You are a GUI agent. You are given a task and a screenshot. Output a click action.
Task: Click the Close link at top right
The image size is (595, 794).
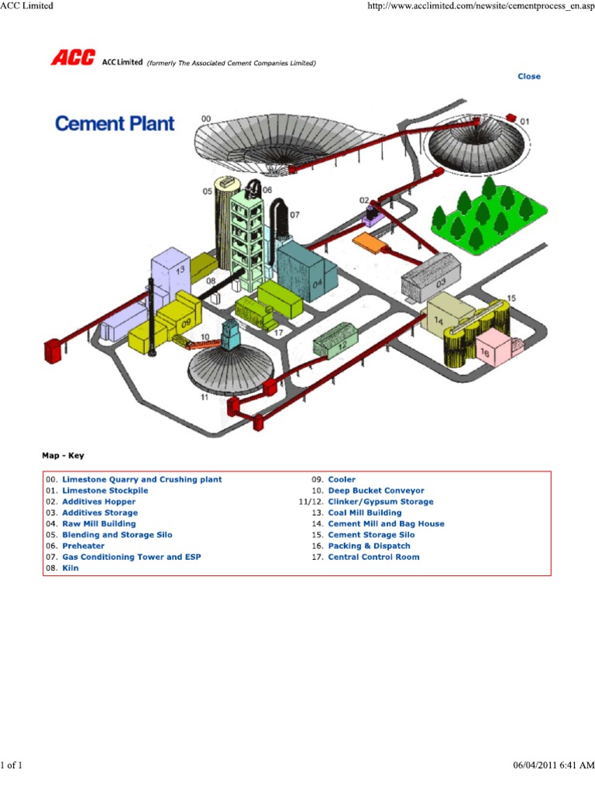click(529, 76)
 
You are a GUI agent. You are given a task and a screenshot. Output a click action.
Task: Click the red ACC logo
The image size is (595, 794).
click(73, 58)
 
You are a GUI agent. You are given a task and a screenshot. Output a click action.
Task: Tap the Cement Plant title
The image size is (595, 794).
click(115, 123)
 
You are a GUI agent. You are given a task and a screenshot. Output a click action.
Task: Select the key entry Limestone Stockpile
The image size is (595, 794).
click(105, 491)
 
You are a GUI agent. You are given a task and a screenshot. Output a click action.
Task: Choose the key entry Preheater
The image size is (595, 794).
click(84, 546)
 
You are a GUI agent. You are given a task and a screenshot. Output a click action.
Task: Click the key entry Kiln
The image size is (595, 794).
click(71, 568)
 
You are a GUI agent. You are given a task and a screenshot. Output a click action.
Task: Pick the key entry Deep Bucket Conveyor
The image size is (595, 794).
click(376, 491)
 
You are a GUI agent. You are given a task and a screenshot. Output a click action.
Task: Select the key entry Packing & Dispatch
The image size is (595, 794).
click(369, 546)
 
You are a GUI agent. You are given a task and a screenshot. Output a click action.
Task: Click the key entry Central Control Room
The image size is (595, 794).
click(373, 557)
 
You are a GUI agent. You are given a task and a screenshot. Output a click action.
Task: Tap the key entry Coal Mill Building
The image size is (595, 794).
click(365, 513)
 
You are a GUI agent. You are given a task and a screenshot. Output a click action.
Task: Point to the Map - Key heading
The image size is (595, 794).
click(63, 456)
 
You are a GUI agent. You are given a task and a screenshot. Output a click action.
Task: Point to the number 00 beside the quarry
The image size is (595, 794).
click(206, 119)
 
